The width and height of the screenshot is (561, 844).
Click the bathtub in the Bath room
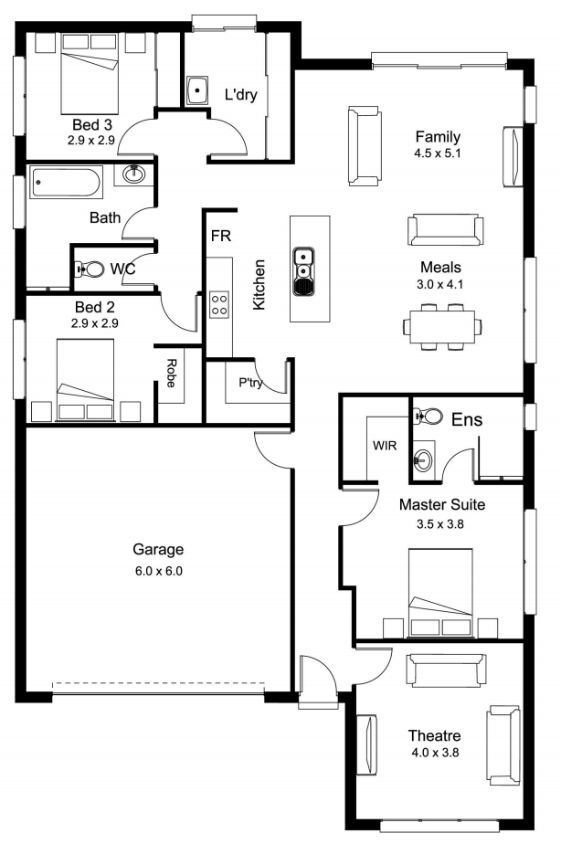(66, 183)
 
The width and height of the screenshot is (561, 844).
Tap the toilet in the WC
(90, 268)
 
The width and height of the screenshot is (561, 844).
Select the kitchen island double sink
(303, 272)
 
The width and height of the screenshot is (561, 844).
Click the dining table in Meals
(442, 326)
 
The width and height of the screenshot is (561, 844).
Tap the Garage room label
(158, 550)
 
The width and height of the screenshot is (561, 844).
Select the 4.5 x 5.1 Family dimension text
(437, 153)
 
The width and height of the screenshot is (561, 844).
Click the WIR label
(385, 446)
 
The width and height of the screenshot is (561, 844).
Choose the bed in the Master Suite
(440, 592)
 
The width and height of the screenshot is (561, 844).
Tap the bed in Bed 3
(90, 72)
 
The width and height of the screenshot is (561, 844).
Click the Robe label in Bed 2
(171, 373)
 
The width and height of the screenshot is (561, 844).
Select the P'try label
(251, 383)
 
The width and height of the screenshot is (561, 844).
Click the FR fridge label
(221, 236)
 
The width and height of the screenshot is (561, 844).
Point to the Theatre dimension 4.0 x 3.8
(435, 753)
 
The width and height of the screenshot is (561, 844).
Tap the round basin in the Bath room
(133, 174)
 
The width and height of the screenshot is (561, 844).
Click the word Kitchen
(259, 285)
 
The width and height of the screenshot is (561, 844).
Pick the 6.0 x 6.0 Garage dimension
(159, 571)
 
